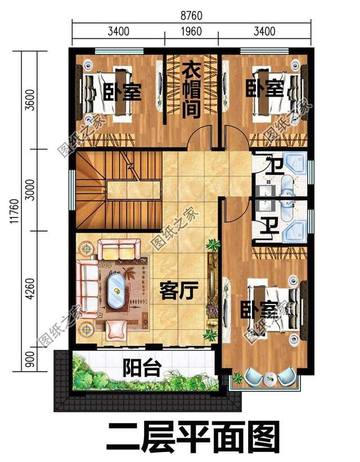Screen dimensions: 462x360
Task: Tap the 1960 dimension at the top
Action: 191,32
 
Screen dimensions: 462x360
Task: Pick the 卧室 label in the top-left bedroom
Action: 122,91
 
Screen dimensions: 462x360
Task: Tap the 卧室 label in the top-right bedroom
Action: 265,88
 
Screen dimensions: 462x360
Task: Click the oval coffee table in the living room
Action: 116,291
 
